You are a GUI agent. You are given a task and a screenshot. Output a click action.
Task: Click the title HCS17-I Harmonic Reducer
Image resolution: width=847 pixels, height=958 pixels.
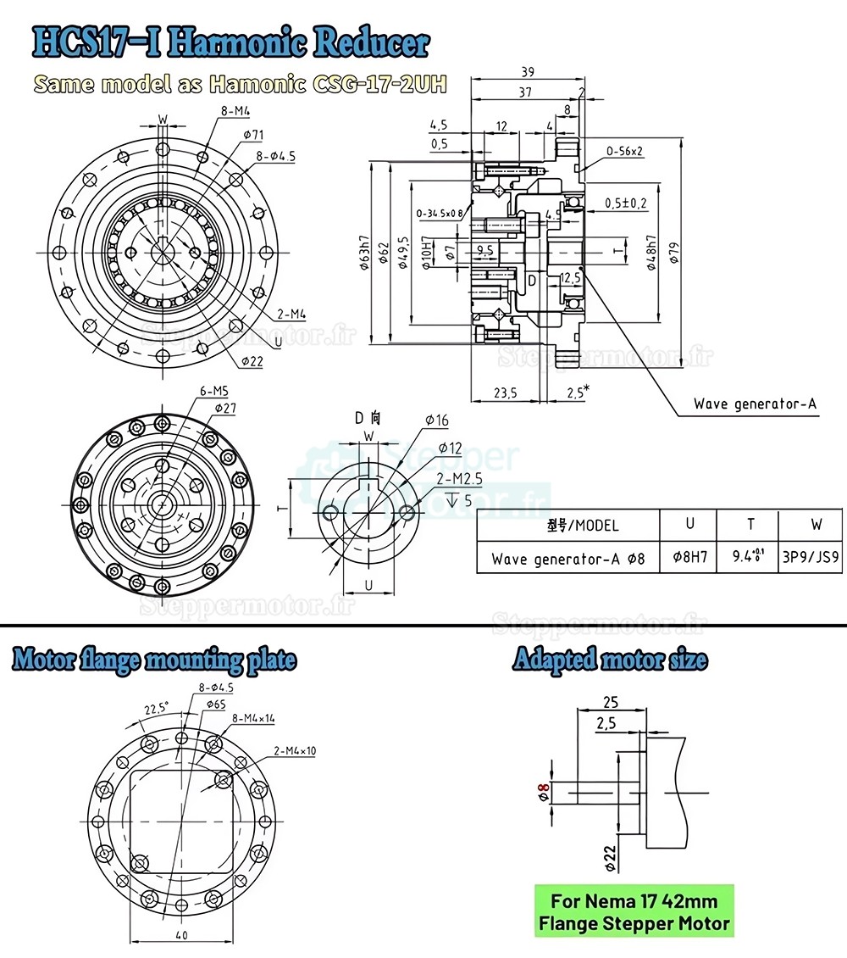[x=230, y=43]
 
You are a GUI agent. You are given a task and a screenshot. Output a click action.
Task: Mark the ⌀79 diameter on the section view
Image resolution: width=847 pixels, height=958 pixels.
[x=674, y=253]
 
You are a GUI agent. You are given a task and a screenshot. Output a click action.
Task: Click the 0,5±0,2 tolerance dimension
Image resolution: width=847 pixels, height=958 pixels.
[x=627, y=203]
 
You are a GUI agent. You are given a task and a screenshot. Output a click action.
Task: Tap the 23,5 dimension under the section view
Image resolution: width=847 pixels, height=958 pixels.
[x=506, y=393]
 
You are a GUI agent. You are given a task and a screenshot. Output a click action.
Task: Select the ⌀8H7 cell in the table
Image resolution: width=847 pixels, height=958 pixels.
[x=689, y=559]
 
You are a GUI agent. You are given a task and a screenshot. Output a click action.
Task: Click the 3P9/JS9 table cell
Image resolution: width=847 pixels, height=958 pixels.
[x=811, y=559]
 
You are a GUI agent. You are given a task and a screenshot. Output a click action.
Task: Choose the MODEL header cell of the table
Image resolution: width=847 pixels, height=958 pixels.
[x=568, y=525]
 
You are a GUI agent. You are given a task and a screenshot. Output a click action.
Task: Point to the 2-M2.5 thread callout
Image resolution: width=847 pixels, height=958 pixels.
[x=460, y=479]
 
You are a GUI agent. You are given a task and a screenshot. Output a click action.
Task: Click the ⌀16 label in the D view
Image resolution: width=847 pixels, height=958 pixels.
[x=436, y=421]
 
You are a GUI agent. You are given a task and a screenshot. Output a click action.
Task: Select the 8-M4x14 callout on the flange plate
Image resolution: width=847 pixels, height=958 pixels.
[x=252, y=718]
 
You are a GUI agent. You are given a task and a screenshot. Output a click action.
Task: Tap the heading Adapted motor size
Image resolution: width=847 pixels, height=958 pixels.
[x=610, y=660]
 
